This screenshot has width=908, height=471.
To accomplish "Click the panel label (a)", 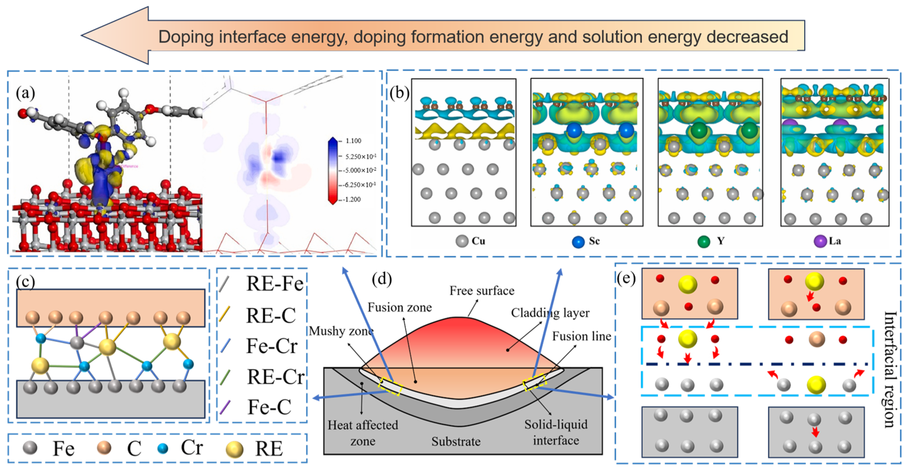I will pos(25,93).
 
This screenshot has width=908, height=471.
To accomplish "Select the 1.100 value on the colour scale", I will pos(353,141).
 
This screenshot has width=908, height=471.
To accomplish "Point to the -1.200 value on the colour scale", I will pos(352,199).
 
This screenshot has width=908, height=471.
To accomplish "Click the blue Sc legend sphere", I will pos(578,242).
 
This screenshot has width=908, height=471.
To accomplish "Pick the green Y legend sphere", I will pos(704,242).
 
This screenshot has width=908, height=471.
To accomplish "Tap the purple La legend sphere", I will pos(820,242).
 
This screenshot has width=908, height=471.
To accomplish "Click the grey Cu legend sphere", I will pos(462,242).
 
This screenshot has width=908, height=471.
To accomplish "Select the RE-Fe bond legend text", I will pos(275,284).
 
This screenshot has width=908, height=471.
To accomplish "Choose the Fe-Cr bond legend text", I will pos(272,346).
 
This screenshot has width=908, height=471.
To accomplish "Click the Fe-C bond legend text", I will pos(269,407).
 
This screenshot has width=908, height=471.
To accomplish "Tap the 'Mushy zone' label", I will pos(341,331).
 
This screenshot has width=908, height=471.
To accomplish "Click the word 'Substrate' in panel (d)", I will pos(456,441).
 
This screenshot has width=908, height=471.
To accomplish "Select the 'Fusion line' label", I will pos(581,336).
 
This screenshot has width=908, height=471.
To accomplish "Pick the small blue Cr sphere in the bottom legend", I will pos(163,448).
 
